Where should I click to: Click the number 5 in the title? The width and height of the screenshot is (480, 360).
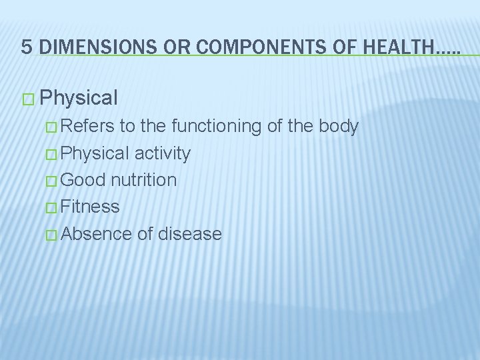tap(27, 46)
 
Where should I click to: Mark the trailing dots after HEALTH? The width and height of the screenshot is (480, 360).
tap(445, 50)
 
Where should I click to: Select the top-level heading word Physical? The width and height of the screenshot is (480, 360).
tap(79, 99)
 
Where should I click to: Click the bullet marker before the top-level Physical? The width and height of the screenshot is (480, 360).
tap(27, 99)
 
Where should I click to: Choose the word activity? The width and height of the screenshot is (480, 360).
tap(163, 153)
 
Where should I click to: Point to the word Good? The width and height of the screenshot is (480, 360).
tap(85, 180)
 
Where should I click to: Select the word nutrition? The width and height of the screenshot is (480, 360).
tap(144, 180)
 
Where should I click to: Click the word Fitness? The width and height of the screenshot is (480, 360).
tap(91, 207)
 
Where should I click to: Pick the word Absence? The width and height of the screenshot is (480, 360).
tap(95, 233)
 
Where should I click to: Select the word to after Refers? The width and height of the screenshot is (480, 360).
tap(131, 127)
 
